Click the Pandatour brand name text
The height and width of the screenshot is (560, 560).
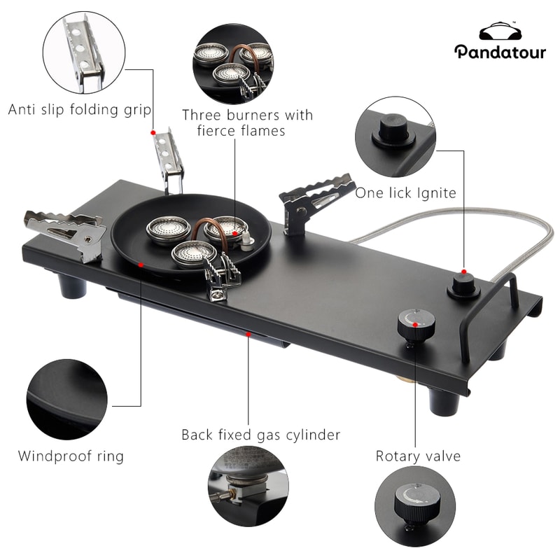pos(500,52)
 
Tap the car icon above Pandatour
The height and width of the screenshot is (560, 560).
pos(500,32)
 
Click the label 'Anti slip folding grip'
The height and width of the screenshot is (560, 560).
pos(80,109)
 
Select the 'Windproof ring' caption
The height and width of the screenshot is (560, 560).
pos(71,456)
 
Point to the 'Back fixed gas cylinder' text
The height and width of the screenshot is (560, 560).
pos(261,435)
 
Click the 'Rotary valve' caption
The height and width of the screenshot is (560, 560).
pos(418,456)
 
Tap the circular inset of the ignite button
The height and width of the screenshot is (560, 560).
pos(396,136)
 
